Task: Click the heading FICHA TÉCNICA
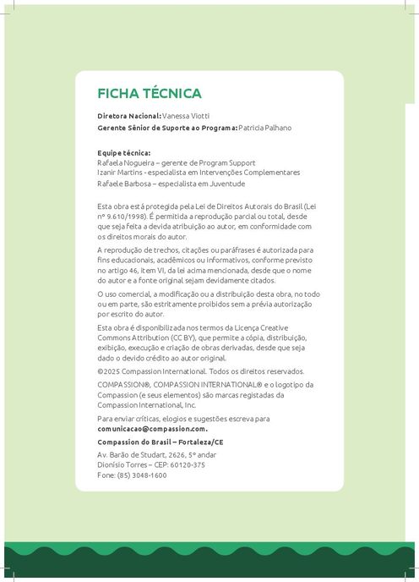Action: click(x=150, y=93)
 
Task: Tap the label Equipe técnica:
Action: click(x=124, y=153)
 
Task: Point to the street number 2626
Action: click(x=193, y=456)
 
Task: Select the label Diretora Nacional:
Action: click(x=128, y=116)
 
